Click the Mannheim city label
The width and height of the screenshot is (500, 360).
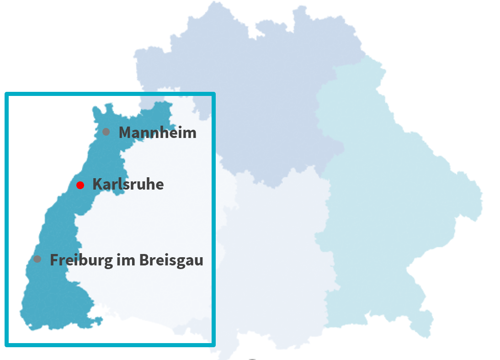(157, 132)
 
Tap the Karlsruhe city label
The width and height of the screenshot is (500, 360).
(128, 185)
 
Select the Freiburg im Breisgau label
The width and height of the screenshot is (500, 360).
(126, 260)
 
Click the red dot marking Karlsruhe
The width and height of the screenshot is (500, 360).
(80, 185)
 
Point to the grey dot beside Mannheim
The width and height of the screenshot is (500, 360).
(106, 132)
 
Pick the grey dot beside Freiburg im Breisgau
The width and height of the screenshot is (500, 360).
(37, 259)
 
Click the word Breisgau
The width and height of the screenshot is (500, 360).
(171, 260)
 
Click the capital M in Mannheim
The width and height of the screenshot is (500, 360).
(125, 132)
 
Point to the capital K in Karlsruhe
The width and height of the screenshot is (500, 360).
(97, 185)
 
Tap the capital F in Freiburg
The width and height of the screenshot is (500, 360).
(54, 260)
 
